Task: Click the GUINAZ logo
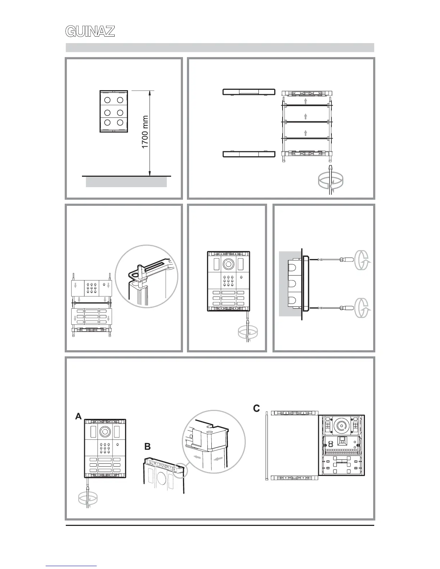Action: [90, 32]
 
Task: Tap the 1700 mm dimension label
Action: [145, 132]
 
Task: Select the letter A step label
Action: [78, 416]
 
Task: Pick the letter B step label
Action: [147, 447]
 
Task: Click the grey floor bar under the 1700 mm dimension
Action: [126, 182]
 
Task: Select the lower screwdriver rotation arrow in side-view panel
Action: [363, 308]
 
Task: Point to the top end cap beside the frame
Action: [249, 92]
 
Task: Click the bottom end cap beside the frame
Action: [249, 154]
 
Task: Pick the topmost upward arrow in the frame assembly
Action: [305, 101]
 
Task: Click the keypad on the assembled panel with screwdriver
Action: [227, 281]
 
